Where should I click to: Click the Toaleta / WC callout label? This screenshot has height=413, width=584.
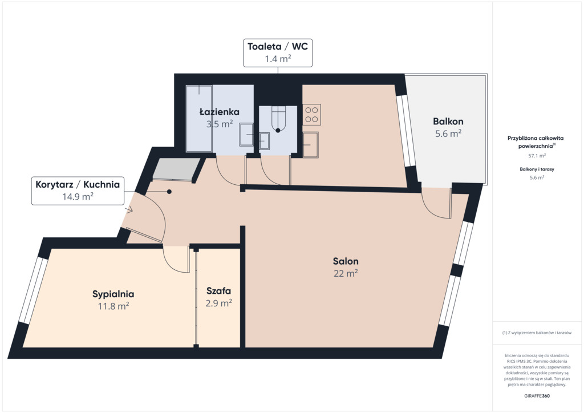coord(278,53)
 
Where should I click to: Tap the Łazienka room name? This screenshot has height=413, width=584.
coord(220,112)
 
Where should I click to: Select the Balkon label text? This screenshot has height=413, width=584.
coord(448,122)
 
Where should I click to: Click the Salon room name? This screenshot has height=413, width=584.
coord(346,261)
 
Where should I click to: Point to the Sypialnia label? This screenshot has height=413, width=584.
coord(113,294)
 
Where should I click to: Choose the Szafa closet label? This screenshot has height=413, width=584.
coord(218,291)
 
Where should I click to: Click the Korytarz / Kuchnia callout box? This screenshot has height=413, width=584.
coord(78,191)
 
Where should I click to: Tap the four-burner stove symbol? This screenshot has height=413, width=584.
coord(312,115)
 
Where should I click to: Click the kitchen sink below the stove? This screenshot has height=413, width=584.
coord(311,144)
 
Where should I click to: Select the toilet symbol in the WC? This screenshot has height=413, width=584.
coord(278,119)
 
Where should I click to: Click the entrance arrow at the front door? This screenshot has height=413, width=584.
coord(129,210)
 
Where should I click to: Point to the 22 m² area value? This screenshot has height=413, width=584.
coord(346,273)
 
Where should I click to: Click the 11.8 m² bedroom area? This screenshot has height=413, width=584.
coord(113,306)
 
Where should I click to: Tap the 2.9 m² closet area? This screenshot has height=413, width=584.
coord(218,303)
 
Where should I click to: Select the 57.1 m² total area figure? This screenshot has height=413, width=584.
coord(537,156)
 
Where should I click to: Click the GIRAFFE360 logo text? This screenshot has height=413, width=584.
coord(537,396)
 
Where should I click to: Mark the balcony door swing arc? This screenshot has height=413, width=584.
coord(432,210)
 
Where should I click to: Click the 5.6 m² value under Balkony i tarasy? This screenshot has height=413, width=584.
coord(537,177)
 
